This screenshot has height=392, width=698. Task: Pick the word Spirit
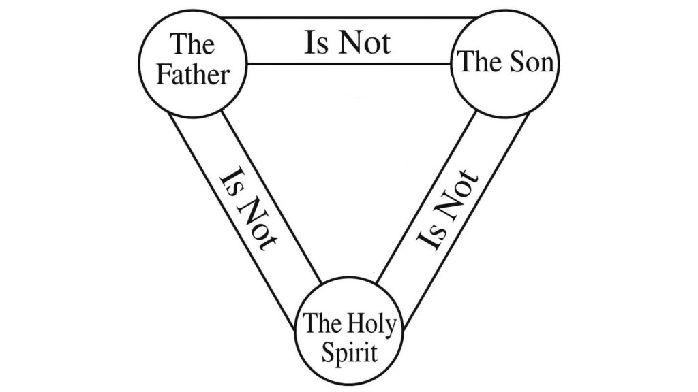[x=348, y=353]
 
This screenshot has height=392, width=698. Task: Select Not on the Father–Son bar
[x=365, y=43]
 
